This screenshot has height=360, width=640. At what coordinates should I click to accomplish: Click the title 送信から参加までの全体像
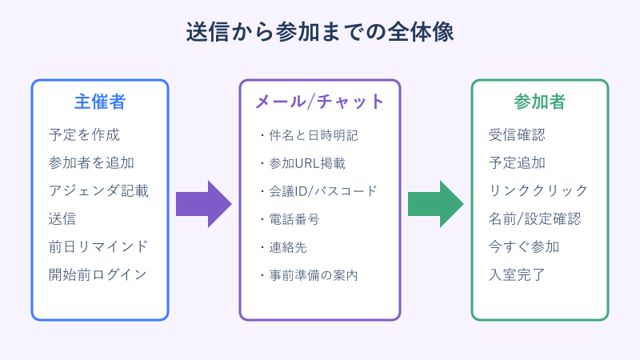click(320, 31)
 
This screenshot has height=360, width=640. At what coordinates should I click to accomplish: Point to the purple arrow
click(203, 204)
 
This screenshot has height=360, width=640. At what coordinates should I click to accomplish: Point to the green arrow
click(435, 204)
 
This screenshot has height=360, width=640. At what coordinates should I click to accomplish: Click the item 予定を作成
click(84, 134)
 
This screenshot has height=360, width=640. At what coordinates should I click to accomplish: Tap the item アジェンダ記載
click(98, 190)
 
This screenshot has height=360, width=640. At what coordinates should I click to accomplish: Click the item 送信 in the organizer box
click(62, 218)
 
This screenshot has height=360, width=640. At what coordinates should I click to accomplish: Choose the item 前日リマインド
click(98, 246)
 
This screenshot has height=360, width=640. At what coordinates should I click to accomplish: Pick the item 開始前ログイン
click(98, 274)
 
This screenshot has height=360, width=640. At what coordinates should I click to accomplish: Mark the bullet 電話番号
click(288, 218)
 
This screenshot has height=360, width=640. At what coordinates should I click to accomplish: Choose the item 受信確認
click(517, 134)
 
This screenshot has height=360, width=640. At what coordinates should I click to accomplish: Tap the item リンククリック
click(538, 190)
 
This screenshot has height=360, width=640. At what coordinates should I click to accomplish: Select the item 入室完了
click(517, 274)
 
